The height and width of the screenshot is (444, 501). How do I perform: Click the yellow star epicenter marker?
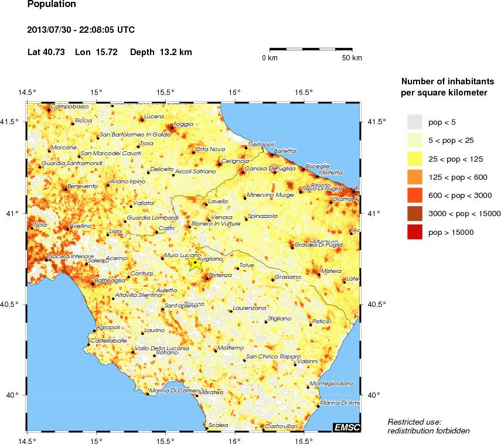[195, 263]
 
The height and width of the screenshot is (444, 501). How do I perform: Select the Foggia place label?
[183, 124]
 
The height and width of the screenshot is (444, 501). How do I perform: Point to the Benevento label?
[83, 186]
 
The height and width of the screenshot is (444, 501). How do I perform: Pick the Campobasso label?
[70, 107]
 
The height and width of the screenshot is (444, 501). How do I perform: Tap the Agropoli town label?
[107, 327]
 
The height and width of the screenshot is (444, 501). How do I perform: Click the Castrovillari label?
[281, 426]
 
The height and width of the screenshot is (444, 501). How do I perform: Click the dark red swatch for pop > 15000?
[415, 233]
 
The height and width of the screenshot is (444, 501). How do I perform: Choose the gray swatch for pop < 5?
[415, 121]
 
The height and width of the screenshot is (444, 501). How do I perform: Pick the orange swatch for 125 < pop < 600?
[415, 177]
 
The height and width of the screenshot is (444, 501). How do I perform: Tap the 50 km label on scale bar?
[352, 58]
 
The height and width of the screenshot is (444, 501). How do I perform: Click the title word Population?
[52, 5]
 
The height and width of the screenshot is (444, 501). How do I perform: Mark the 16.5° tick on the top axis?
[304, 92]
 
